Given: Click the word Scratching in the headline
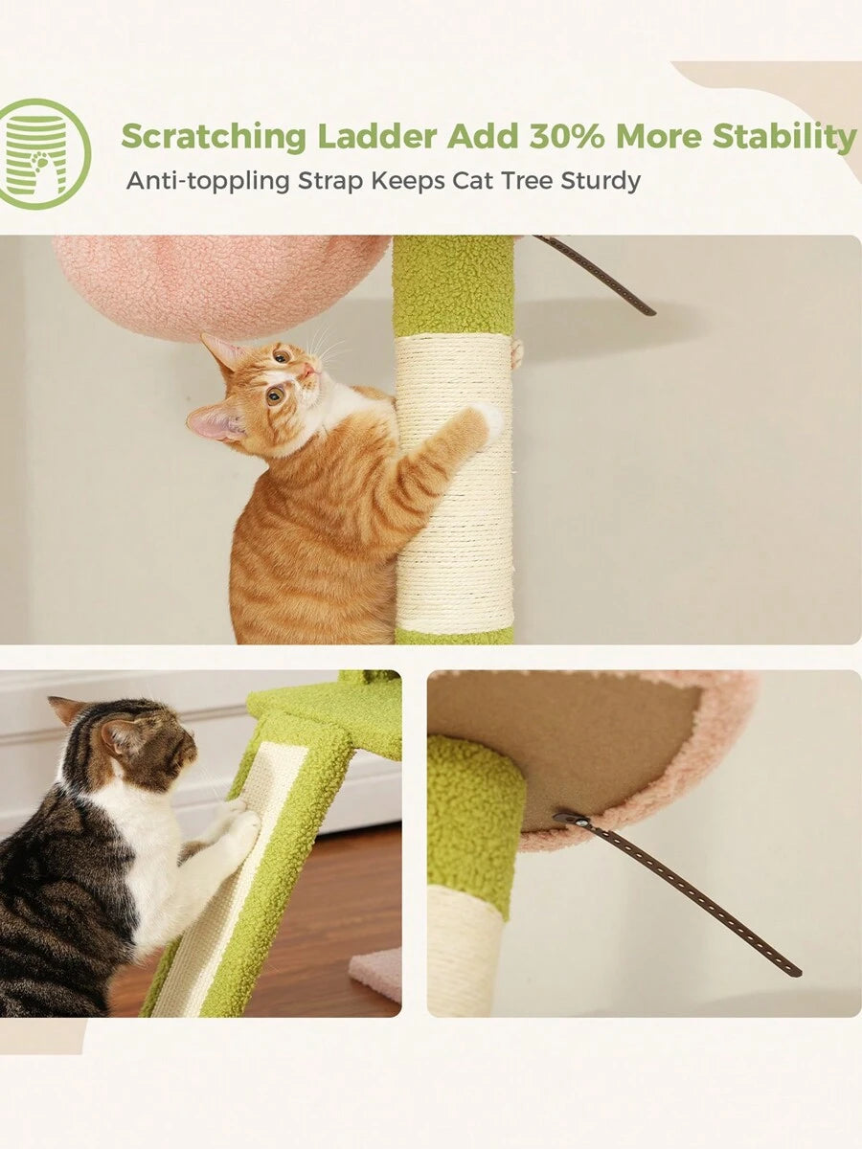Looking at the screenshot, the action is pos(214,137).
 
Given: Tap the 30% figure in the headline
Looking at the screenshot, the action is pos(566,136).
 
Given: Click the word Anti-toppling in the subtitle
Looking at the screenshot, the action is pos(208,181).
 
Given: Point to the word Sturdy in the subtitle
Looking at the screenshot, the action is pos(601,182).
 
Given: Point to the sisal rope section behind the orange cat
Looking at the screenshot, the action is pos(454,482).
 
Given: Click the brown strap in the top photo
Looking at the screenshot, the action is pos(597,274).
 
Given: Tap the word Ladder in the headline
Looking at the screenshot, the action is pos(376,136).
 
